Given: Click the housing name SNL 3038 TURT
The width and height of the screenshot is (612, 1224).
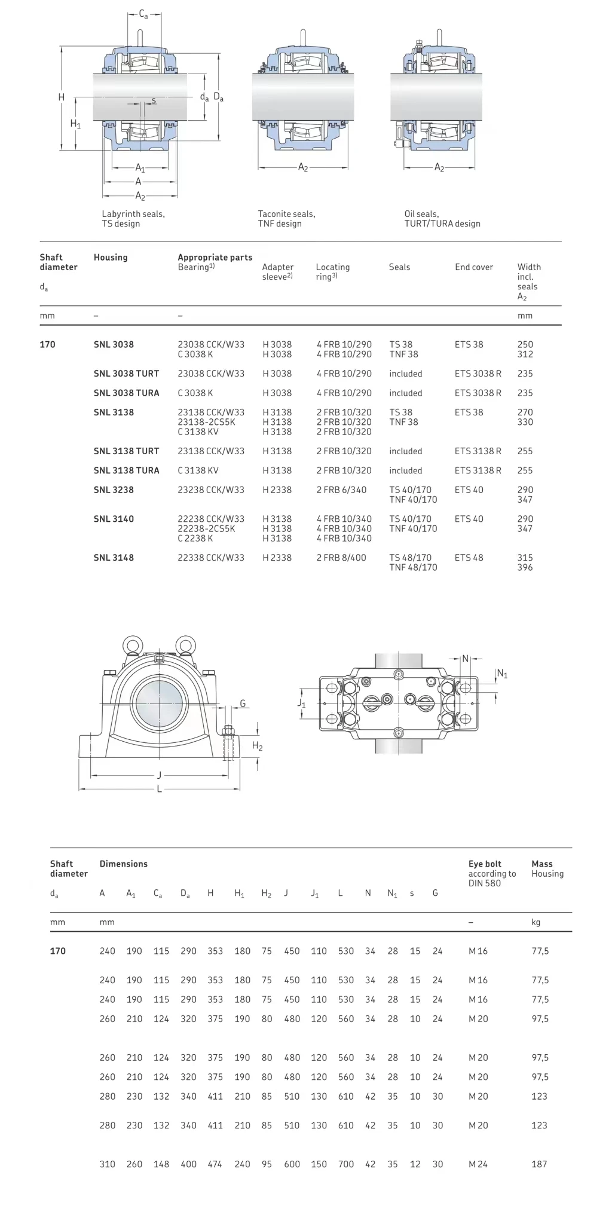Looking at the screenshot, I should point(126,374).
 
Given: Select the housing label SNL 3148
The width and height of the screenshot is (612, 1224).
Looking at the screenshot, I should point(114,558).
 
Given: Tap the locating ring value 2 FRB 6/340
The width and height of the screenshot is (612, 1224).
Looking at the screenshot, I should point(341,489).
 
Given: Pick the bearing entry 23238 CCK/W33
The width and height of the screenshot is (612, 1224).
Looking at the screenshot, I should point(211,489).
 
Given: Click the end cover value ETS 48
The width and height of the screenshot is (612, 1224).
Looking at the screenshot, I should point(469,558).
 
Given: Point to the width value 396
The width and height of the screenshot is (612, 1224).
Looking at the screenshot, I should point(525,567).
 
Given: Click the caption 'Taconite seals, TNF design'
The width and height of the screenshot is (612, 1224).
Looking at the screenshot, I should point(286,219).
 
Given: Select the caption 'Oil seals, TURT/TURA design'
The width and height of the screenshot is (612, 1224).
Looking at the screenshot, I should point(442,219).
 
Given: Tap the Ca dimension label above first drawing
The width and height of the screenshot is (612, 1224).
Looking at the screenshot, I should point(143,14).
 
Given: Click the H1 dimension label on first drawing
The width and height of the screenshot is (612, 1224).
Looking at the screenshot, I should point(75,124).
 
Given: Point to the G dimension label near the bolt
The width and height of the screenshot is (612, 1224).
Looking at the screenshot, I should point(243,703).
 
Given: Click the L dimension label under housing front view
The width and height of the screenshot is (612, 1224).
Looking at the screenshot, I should point(159,789).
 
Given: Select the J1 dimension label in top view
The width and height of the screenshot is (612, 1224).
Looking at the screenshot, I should point(301,703).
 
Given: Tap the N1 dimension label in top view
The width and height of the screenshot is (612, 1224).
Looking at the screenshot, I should point(502,674).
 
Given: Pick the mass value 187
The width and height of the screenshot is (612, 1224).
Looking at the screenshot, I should point(539,1164).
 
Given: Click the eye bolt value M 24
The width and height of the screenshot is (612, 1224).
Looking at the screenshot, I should point(478,1164).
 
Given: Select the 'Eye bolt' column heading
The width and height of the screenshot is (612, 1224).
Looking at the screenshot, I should point(485,864).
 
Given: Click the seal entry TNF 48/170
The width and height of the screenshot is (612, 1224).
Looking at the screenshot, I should point(413,567).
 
